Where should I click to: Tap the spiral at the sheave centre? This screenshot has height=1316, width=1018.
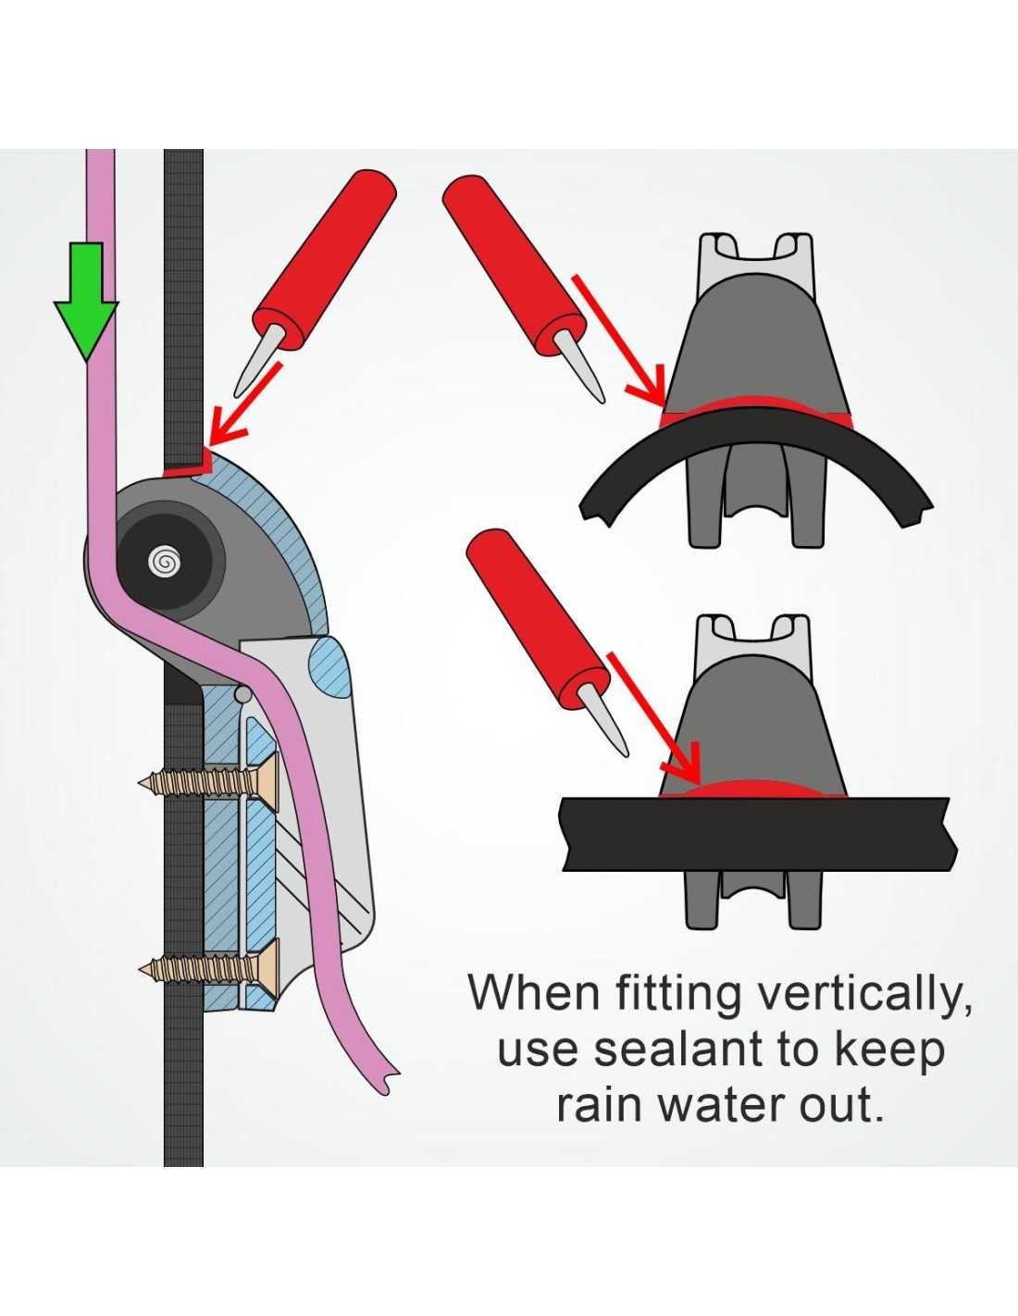[164, 564]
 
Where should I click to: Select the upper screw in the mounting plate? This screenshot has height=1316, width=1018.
[209, 782]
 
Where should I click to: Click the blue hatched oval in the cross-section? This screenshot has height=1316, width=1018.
[330, 666]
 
